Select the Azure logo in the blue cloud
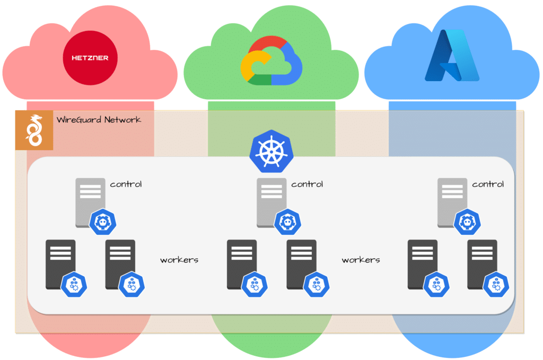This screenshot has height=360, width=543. (452, 55)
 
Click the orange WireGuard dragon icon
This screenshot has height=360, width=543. (34, 130)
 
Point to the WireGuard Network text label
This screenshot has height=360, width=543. (99, 120)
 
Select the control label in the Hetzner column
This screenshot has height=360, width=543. (126, 185)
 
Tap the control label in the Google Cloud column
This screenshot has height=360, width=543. (307, 185)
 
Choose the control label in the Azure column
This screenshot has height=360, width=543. (488, 185)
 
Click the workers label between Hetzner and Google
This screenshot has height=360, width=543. (179, 260)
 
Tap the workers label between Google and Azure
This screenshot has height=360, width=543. (361, 260)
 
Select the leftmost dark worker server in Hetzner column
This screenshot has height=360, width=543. (60, 264)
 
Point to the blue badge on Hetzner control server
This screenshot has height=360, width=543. (103, 222)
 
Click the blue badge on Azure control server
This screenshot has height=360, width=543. (466, 222)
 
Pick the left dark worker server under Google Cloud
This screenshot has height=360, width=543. (241, 264)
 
